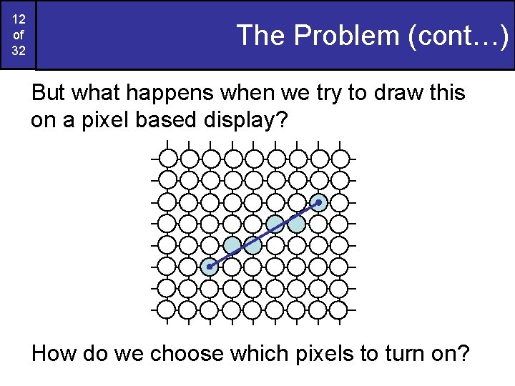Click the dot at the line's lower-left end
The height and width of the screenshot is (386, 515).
coord(209,267)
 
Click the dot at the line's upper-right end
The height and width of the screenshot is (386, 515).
coord(319,203)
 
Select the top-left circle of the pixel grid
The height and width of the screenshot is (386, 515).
coord(166,158)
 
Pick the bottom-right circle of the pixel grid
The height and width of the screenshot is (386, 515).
coord(341,310)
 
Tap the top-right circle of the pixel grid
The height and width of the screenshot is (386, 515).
coord(341,158)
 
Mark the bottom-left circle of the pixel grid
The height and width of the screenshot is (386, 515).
coord(166,310)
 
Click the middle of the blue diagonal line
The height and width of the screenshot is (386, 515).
coord(264,235)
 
